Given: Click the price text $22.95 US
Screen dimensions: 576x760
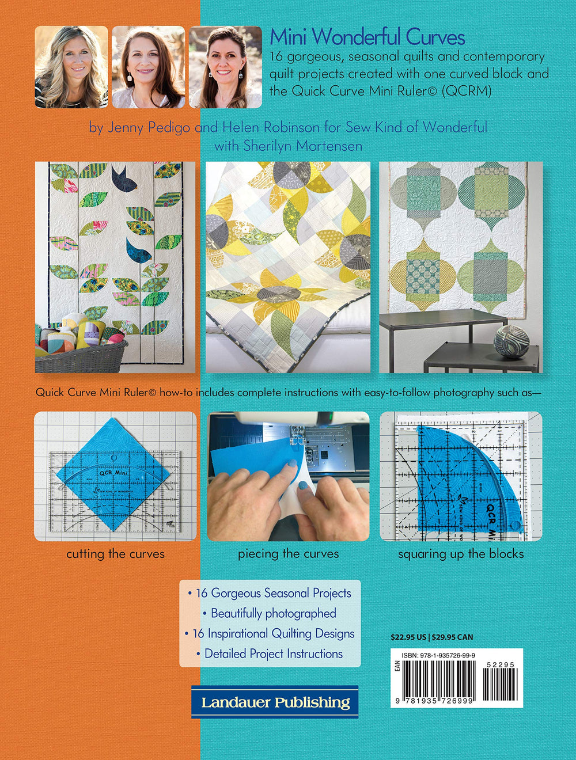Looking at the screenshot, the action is (x=408, y=637).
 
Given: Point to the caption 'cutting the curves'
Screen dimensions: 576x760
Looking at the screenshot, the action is (x=115, y=554).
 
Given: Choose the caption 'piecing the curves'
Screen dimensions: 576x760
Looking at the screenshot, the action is (x=288, y=554).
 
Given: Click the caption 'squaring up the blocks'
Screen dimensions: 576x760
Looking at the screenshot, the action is (x=461, y=554).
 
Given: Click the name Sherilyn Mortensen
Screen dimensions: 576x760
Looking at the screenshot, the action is (x=303, y=146).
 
